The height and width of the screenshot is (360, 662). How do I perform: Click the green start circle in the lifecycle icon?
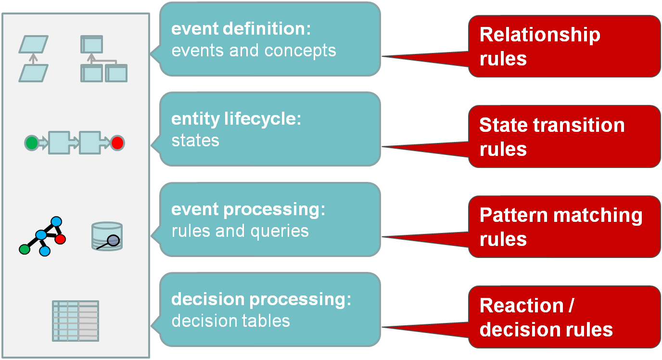tap(32, 143)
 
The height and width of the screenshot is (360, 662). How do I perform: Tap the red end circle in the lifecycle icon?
tap(117, 143)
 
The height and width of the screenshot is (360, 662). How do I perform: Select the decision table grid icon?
tap(76, 321)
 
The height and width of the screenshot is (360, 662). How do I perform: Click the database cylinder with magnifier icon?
tap(107, 236)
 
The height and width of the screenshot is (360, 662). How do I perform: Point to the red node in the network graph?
tap(60, 239)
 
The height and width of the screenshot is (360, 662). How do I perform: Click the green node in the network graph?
tap(25, 249)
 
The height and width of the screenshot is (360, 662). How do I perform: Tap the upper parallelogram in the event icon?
tap(33, 44)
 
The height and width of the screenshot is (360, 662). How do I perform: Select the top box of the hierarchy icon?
tap(91, 44)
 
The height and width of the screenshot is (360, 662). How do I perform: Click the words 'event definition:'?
tap(241, 29)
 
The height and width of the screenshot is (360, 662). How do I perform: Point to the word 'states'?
tap(195, 141)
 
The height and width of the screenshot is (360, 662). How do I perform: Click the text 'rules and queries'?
tap(240, 231)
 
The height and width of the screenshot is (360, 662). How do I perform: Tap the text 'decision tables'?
tap(231, 321)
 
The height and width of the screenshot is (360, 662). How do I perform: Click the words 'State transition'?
tap(552, 125)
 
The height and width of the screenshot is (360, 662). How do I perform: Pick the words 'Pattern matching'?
tap(561, 216)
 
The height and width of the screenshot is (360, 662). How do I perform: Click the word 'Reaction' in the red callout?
tap(522, 305)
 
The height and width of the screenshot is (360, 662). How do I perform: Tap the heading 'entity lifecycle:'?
tap(236, 119)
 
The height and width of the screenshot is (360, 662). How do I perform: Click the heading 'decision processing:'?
tap(261, 299)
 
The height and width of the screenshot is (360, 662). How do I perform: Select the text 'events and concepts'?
tap(254, 51)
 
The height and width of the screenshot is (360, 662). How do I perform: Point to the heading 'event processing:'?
tap(248, 209)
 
